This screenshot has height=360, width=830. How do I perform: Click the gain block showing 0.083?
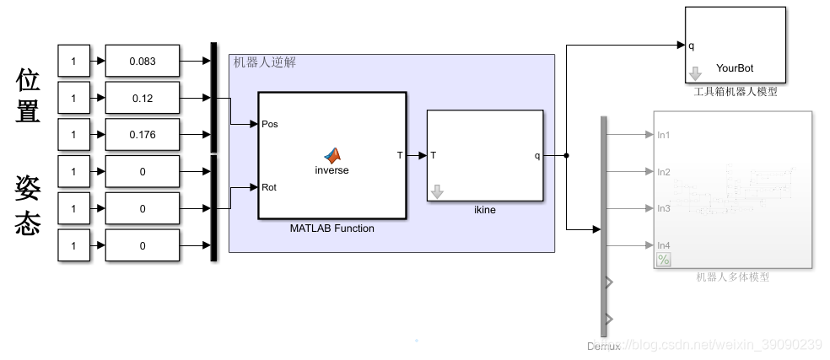(x=143, y=62)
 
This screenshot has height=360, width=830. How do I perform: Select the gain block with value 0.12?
(x=143, y=99)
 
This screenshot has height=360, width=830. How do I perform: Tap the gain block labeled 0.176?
(x=143, y=135)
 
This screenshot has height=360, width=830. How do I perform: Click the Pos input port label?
(x=270, y=124)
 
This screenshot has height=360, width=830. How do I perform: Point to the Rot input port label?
(x=269, y=187)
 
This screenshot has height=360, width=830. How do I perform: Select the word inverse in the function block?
(x=331, y=170)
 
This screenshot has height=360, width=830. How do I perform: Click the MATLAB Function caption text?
(x=331, y=228)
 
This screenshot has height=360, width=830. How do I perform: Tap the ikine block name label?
(x=484, y=210)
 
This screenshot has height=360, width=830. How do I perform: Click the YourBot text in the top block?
(x=735, y=68)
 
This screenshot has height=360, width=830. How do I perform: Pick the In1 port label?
(x=664, y=134)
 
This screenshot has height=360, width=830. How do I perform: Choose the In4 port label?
(x=664, y=245)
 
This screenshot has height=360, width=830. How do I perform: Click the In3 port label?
(x=664, y=208)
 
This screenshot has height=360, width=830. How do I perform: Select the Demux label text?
(x=603, y=347)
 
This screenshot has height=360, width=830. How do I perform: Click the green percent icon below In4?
(x=664, y=260)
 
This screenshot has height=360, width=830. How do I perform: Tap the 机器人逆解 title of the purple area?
(x=264, y=62)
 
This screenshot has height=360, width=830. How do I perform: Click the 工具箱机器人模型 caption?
(x=735, y=91)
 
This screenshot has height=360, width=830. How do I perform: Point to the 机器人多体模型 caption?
(x=732, y=277)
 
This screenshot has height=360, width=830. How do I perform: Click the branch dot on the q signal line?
(x=566, y=155)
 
